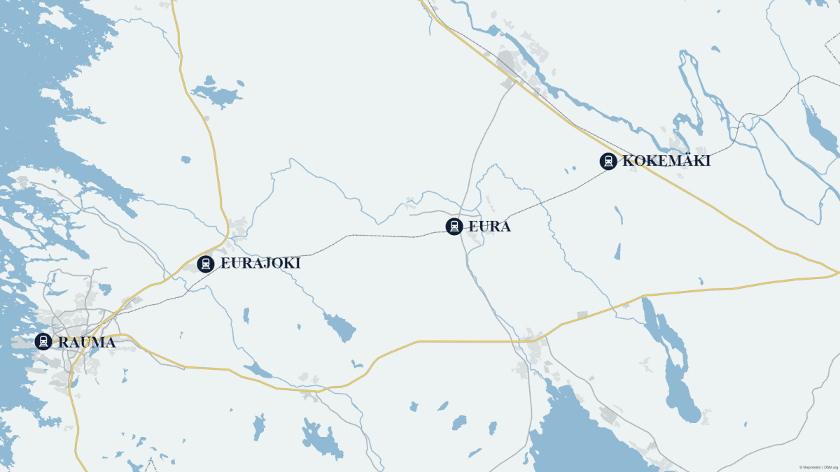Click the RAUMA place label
coord(87,343)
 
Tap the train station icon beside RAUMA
coord(43,341)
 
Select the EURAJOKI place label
coord(260,264)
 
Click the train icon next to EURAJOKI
coord(205,264)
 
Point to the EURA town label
coord(489,227)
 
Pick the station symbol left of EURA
coord(454,226)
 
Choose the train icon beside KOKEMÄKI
coord(608,161)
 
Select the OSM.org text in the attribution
coord(831,467)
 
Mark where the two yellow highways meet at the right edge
coord(836,272)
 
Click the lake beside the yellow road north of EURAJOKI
coord(217,94)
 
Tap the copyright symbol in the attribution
coord(801,467)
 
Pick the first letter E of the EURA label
coord(474,227)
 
